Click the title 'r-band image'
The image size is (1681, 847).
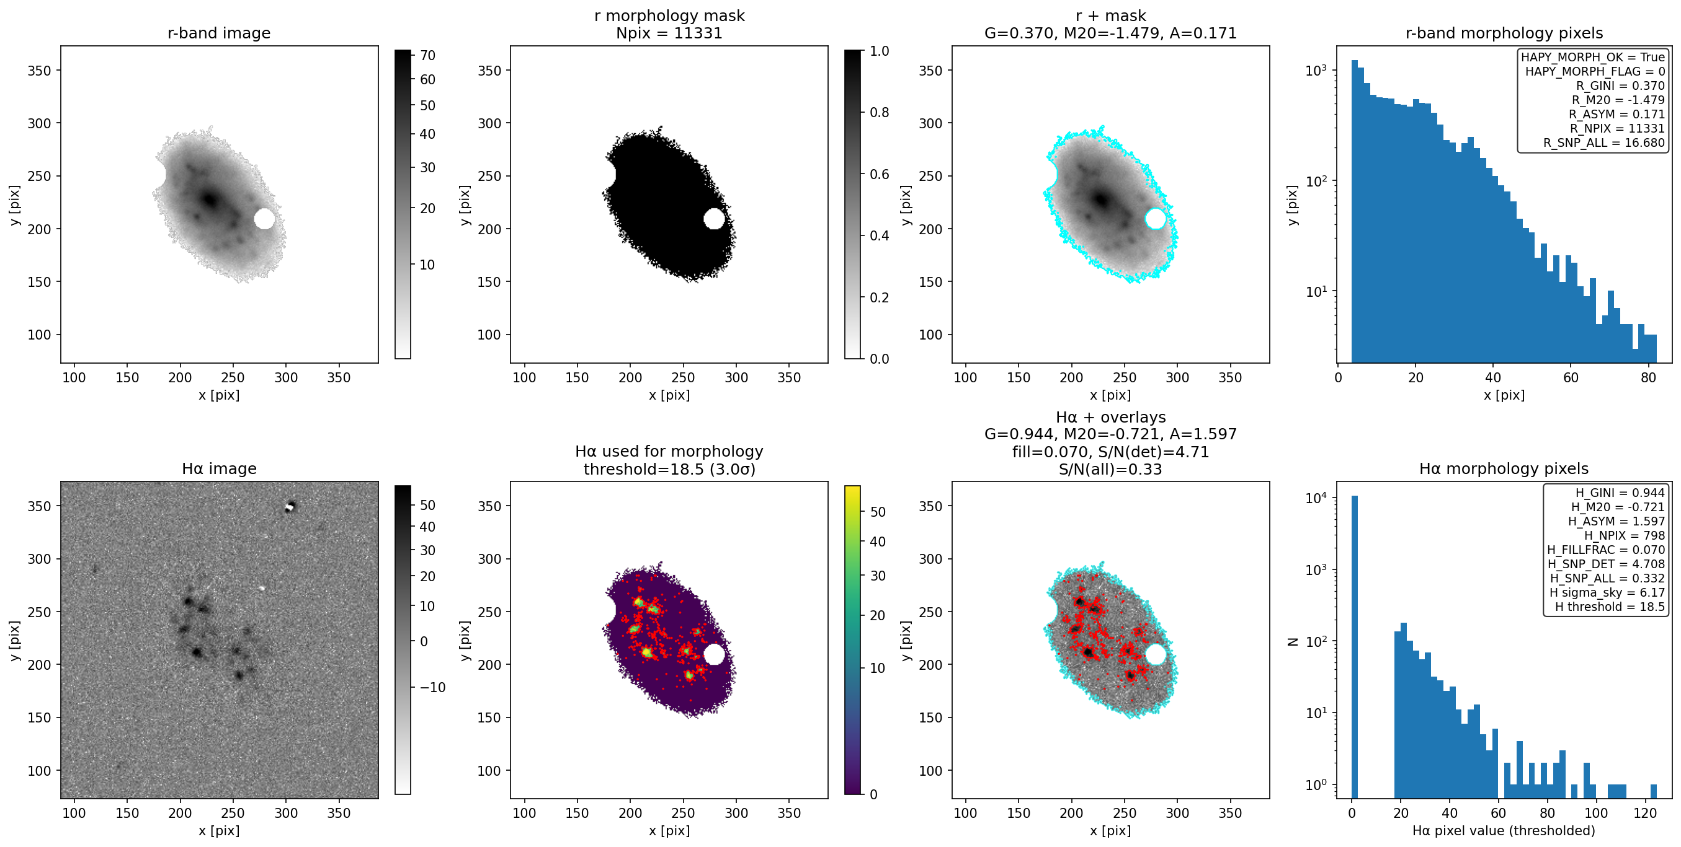(x=218, y=33)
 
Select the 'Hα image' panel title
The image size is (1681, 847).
(x=218, y=469)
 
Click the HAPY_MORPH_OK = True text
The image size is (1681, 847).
(x=1593, y=58)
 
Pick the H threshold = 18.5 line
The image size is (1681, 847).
(x=1609, y=607)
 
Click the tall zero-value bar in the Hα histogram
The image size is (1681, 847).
(x=1354, y=646)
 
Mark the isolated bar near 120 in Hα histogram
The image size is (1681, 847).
(x=1654, y=791)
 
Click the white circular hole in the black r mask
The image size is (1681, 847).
(x=714, y=219)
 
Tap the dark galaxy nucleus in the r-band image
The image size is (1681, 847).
(x=210, y=200)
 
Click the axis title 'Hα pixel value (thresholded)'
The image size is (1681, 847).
(x=1504, y=831)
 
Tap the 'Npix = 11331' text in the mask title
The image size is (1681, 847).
(x=669, y=33)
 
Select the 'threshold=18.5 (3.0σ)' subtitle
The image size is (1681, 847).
(x=669, y=470)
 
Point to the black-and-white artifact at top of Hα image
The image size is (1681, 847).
(x=290, y=507)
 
